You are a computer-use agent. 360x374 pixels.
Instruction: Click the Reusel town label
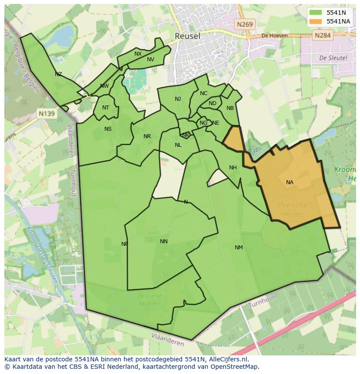point(187,36)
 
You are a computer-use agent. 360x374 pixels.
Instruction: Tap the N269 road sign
point(245,25)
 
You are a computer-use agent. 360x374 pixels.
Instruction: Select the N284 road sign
point(323,35)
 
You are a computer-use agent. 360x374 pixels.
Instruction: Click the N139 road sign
point(47,114)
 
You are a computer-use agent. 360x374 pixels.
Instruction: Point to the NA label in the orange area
point(290,182)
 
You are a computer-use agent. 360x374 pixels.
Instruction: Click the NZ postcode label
point(58,74)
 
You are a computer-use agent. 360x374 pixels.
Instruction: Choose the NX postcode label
point(138,54)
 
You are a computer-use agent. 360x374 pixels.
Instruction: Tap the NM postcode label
point(239,248)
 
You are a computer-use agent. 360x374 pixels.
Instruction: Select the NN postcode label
point(163,242)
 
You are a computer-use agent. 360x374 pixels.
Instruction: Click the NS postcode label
point(108,129)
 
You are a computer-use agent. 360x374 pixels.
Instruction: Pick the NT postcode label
point(106,108)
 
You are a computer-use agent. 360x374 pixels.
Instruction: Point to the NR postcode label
point(147,136)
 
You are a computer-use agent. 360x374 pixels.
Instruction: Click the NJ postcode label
point(178,99)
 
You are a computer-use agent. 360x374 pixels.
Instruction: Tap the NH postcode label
point(233,168)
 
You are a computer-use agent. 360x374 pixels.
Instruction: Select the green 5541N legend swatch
point(316,13)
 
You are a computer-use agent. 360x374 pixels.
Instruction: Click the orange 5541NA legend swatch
point(316,21)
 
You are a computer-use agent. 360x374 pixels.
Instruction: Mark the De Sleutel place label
point(333,57)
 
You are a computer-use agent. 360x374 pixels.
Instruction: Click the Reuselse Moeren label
point(150,300)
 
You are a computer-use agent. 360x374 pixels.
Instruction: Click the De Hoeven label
point(275,36)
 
